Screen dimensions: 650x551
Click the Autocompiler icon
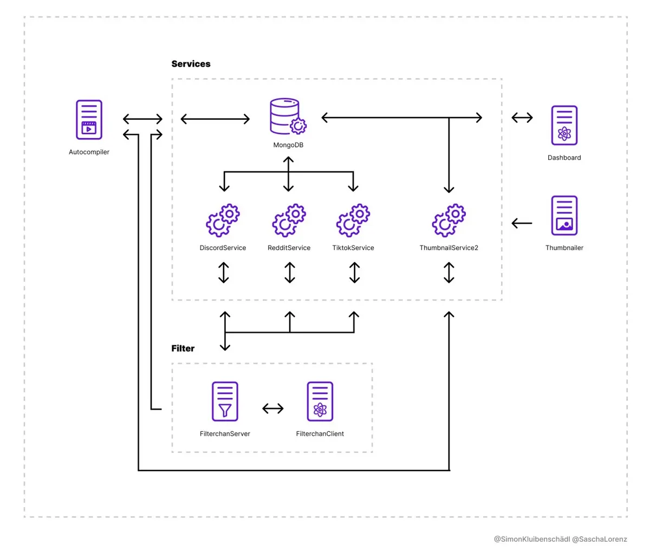[89, 120]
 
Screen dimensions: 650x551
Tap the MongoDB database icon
[288, 116]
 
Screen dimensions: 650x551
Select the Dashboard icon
[564, 125]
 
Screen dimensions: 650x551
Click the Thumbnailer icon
[564, 216]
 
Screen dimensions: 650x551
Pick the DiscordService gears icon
[223, 220]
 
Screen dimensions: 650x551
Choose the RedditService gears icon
[289, 220]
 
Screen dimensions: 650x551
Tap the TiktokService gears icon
[353, 220]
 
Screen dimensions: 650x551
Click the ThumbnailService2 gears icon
[448, 220]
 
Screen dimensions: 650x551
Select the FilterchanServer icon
[225, 401]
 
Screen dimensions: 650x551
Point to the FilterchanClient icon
[320, 401]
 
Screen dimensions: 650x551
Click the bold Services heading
[191, 64]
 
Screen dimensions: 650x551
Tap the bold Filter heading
[183, 348]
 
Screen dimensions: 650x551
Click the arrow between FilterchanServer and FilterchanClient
[272, 409]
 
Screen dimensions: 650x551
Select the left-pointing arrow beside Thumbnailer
[522, 223]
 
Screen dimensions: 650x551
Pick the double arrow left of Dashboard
[522, 118]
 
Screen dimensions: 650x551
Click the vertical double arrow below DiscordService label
[224, 273]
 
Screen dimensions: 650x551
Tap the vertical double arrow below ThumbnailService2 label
[448, 273]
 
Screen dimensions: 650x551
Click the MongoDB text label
[288, 145]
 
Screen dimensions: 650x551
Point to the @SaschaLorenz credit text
[599, 539]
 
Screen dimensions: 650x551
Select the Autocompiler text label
[89, 152]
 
